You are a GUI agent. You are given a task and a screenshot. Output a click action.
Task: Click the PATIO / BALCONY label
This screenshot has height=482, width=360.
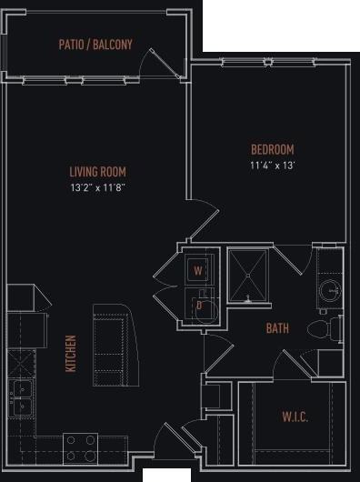[95, 44]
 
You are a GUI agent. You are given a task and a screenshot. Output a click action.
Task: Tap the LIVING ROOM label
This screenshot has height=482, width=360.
[97, 171]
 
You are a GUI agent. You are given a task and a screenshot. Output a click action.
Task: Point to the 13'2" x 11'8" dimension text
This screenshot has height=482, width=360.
[97, 187]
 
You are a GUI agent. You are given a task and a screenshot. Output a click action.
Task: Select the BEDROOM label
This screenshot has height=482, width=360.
[273, 149]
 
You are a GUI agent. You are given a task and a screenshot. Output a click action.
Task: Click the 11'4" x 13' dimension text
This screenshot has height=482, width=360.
[273, 166]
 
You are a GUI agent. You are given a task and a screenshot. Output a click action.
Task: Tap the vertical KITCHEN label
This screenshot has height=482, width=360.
[71, 353]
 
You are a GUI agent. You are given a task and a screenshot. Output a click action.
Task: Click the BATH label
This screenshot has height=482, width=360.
[277, 328]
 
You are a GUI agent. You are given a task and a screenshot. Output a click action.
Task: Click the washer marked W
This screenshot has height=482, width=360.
[198, 269]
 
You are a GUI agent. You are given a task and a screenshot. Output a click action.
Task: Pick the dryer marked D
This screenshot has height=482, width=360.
[199, 306]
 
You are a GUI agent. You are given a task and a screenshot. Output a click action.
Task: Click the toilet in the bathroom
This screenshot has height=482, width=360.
[320, 327]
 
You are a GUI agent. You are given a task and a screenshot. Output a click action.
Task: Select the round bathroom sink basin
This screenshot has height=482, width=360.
[329, 291]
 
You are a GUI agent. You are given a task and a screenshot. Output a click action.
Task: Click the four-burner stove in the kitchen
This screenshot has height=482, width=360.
[80, 447]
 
